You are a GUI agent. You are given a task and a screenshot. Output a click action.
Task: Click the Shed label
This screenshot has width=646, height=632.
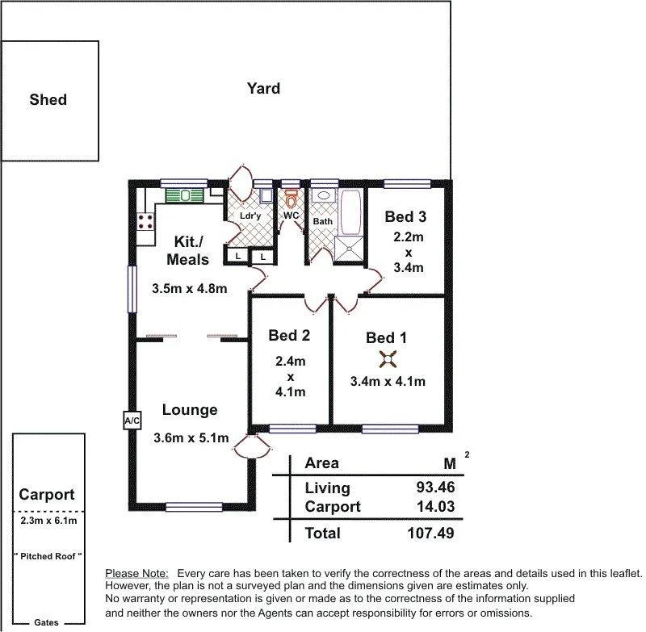pos(48,100)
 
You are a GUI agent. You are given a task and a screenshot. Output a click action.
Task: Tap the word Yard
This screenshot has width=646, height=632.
pos(263,89)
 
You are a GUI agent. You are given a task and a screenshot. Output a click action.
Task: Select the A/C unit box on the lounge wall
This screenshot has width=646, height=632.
pos(132,421)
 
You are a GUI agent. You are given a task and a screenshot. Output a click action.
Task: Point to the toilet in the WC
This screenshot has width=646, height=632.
pos(291,199)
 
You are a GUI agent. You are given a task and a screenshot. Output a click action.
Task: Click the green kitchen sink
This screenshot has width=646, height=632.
pos(186,195)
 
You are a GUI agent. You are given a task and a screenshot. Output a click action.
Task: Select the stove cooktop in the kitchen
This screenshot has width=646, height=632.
pos(146,220)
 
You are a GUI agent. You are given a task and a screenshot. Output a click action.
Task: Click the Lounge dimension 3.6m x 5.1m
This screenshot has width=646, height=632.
pos(191,438)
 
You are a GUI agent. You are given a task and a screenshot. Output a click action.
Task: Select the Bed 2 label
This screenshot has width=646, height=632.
pos(289,335)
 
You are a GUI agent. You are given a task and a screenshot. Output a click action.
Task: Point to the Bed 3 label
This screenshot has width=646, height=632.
pos(405,216)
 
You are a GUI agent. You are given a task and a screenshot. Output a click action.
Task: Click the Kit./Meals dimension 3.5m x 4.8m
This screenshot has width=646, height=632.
pos(189,288)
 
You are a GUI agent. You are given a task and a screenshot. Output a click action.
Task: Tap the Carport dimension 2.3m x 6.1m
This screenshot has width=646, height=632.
pos(48,521)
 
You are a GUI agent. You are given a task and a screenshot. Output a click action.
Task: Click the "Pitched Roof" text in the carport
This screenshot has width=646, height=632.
pos(48,557)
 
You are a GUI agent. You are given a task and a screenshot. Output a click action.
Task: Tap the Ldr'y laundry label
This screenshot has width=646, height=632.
pos(250,216)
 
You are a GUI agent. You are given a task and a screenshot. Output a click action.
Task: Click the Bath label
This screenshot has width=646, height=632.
pos(322,221)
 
